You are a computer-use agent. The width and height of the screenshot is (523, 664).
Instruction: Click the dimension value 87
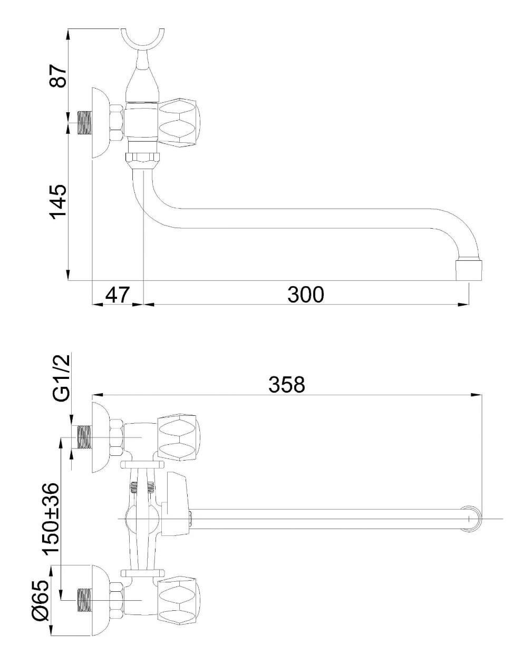[x=58, y=76]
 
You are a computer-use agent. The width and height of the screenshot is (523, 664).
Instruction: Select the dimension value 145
[x=58, y=202]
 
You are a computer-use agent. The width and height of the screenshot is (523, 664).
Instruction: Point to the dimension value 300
[x=306, y=295]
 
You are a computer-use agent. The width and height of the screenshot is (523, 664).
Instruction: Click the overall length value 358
[x=287, y=385]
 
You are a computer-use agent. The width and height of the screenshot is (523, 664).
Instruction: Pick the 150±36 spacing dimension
[x=50, y=519]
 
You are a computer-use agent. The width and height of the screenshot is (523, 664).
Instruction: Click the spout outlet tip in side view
[x=469, y=270]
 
